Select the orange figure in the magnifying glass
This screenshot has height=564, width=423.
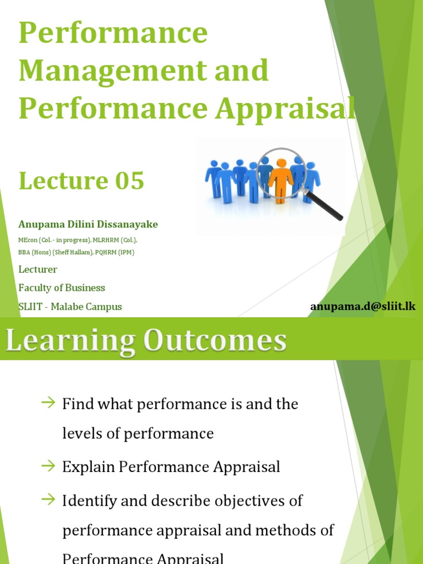click(281, 178)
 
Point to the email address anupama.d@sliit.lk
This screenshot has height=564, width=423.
click(362, 307)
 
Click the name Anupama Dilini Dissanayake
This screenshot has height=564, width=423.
click(88, 224)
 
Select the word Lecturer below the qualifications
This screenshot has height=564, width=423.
click(38, 269)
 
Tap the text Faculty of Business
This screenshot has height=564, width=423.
click(62, 288)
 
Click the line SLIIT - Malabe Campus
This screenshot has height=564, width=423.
click(70, 307)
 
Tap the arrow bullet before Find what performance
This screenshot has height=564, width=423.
click(49, 403)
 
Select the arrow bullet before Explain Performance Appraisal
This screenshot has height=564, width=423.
click(49, 466)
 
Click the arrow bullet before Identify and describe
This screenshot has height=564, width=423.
click(49, 500)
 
